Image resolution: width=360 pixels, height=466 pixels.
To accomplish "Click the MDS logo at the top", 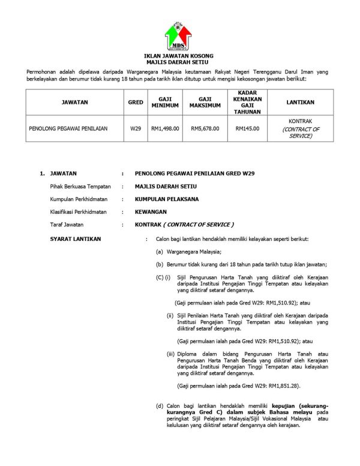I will [179, 36].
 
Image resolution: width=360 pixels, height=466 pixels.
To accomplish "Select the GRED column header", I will [136, 103].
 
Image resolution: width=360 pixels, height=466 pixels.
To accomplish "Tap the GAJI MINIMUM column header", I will [165, 103].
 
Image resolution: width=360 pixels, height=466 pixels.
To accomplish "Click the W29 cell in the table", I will [136, 129].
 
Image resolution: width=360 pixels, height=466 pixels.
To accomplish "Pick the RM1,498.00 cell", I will [165, 129].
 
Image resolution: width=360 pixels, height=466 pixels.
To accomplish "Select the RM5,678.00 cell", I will [205, 129].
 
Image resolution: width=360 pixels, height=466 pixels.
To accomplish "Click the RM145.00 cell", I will [247, 129].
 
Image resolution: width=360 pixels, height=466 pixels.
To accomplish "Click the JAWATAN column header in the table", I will [74, 103].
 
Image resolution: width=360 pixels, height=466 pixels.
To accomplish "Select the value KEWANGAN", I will [151, 211].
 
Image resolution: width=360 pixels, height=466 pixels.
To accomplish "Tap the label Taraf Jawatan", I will [68, 224].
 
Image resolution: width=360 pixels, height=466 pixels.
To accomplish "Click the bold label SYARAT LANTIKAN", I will [76, 239].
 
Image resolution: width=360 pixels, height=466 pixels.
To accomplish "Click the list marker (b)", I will [160, 264].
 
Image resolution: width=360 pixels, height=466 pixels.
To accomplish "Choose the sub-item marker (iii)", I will [171, 354].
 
